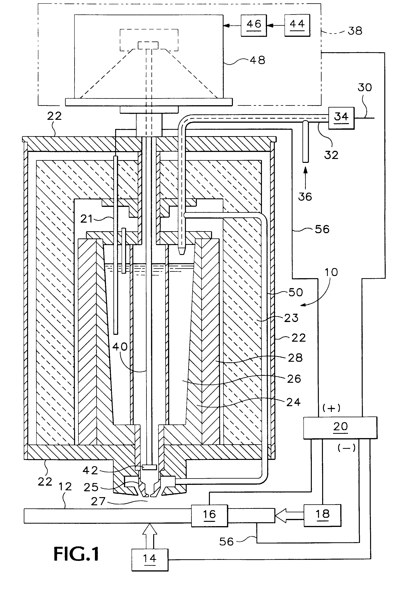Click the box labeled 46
coord(254,26)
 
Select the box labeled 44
coord(297,26)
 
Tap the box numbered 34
coord(341,118)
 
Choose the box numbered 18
coord(322,515)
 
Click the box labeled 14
coord(150,559)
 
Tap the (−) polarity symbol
coord(346,448)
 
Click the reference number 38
coord(355,31)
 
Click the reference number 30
coord(365,88)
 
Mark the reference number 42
coord(90,470)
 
